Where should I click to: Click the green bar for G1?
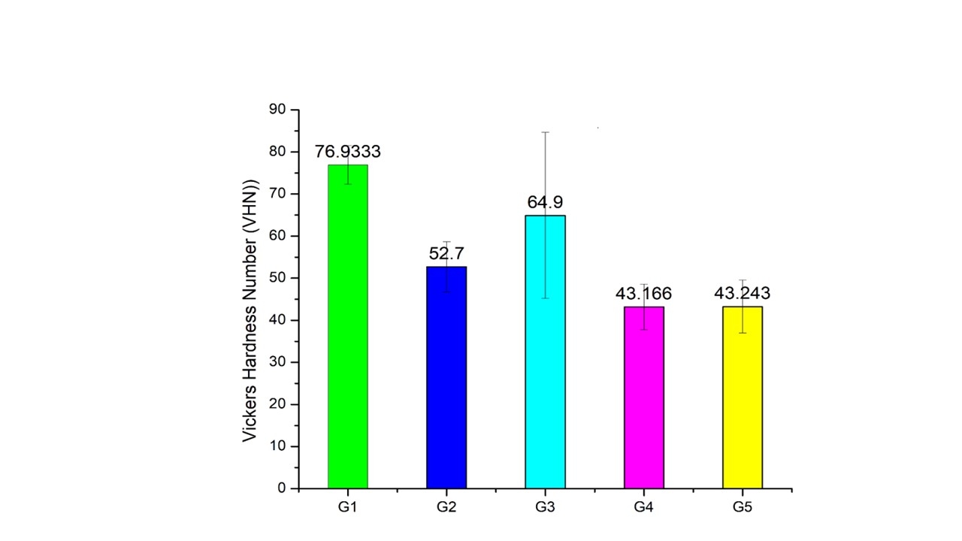coord(347,327)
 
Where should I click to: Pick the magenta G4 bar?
coord(643,397)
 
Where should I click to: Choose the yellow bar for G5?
coord(743,397)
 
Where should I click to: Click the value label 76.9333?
coord(347,152)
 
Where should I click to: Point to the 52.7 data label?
coord(446,253)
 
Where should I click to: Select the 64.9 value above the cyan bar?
coord(545,202)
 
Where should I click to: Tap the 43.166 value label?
coord(643,294)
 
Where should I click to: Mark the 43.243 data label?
coord(743,294)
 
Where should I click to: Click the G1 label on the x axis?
coord(347,507)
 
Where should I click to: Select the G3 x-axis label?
coord(545,507)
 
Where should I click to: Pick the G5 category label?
coord(743,507)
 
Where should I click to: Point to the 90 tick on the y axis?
coord(277,110)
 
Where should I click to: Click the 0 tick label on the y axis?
coord(282,488)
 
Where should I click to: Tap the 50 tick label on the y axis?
coord(277,278)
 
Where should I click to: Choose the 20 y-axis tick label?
coord(277,404)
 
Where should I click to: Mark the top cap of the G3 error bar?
coord(545,132)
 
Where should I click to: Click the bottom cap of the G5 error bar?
coord(743,333)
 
